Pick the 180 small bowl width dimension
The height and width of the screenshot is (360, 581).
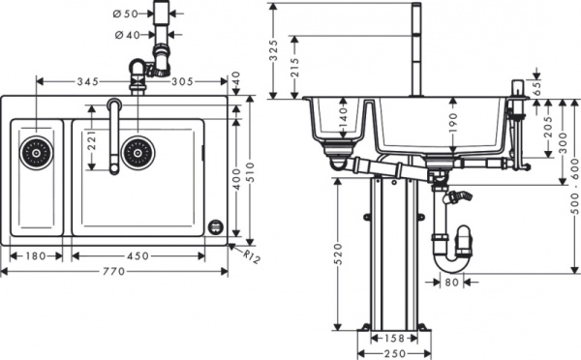tap(32, 256)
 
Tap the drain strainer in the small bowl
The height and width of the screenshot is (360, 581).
tap(36, 152)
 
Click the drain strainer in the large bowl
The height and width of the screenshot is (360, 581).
tap(138, 152)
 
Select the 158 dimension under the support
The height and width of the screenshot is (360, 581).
tap(393, 340)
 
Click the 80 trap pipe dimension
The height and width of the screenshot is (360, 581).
tap(453, 284)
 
